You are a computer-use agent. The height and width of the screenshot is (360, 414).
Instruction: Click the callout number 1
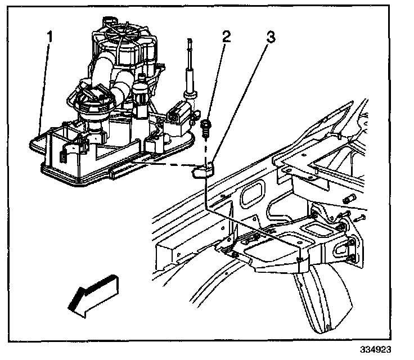50,37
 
